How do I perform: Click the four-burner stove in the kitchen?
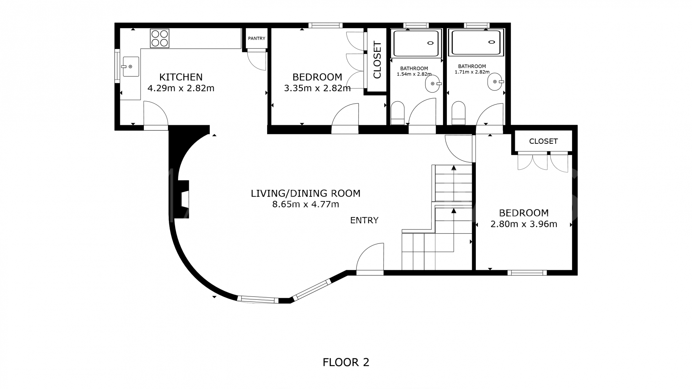coord(160,38)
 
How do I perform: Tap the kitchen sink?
coord(130,67)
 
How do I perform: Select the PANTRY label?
coord(257,39)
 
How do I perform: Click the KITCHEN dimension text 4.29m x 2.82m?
coord(181,88)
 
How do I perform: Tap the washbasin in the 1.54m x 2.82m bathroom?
coord(432,84)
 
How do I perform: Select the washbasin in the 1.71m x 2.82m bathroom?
coord(494,82)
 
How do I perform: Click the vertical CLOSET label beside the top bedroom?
coord(377,60)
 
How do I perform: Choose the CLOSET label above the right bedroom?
coord(543,141)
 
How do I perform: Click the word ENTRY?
coord(364,220)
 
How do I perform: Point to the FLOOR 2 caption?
coord(346,362)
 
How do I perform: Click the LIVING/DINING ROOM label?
coord(305,193)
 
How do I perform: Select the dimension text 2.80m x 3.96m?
coord(524,224)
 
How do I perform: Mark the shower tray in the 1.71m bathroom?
coord(476,43)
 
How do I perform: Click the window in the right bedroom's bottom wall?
coord(527,273)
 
